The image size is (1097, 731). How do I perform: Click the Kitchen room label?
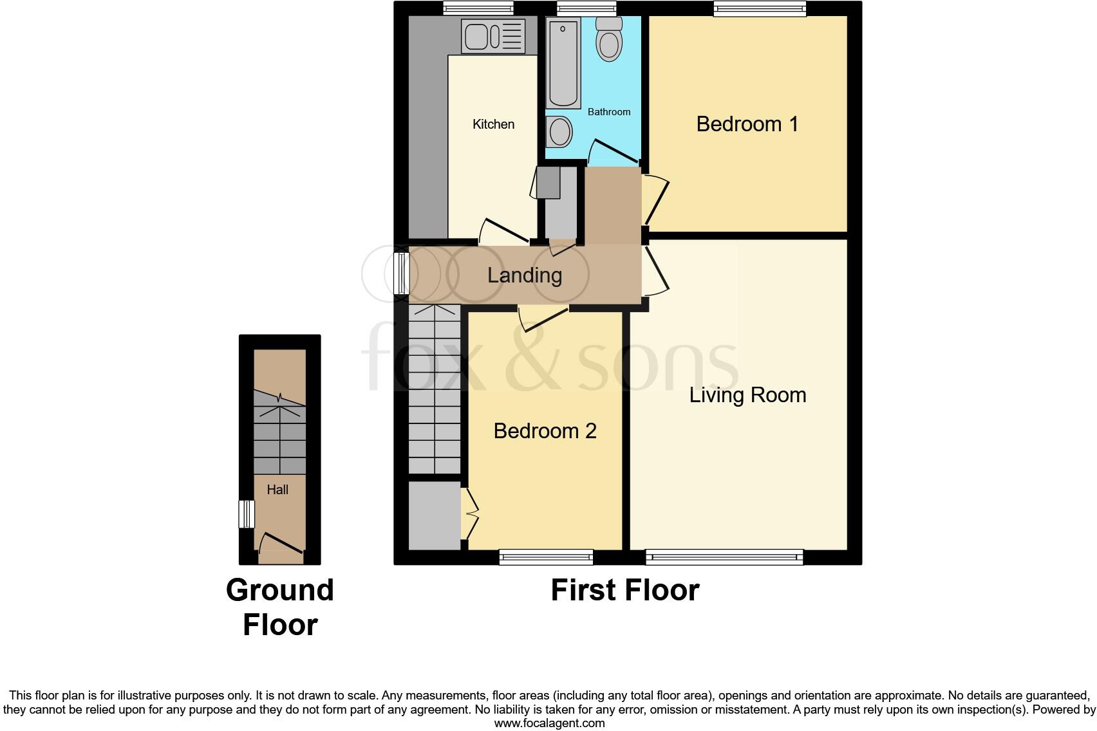[x=493, y=124]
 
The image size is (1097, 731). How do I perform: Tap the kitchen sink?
[x=493, y=36]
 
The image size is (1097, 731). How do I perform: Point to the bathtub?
[x=563, y=62]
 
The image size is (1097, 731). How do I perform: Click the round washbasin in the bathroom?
[x=559, y=133]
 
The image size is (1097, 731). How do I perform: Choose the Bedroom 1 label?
[x=747, y=124]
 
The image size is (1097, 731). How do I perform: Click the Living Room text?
[x=747, y=394]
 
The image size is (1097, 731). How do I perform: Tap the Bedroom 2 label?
[x=545, y=430]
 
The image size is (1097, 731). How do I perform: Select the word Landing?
[x=525, y=275]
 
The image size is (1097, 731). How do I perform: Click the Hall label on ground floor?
[x=277, y=490]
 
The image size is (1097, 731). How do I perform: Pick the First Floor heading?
[x=624, y=590]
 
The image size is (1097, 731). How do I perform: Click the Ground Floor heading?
[x=280, y=607]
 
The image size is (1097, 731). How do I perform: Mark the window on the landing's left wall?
[x=402, y=273]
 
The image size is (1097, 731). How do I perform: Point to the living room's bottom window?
[x=724, y=557]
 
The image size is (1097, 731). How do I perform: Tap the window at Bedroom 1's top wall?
[x=760, y=8]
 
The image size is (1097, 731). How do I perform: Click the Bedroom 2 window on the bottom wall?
[x=546, y=557]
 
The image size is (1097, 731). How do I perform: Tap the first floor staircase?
[x=435, y=389]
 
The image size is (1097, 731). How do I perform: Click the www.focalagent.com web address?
[x=549, y=723]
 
